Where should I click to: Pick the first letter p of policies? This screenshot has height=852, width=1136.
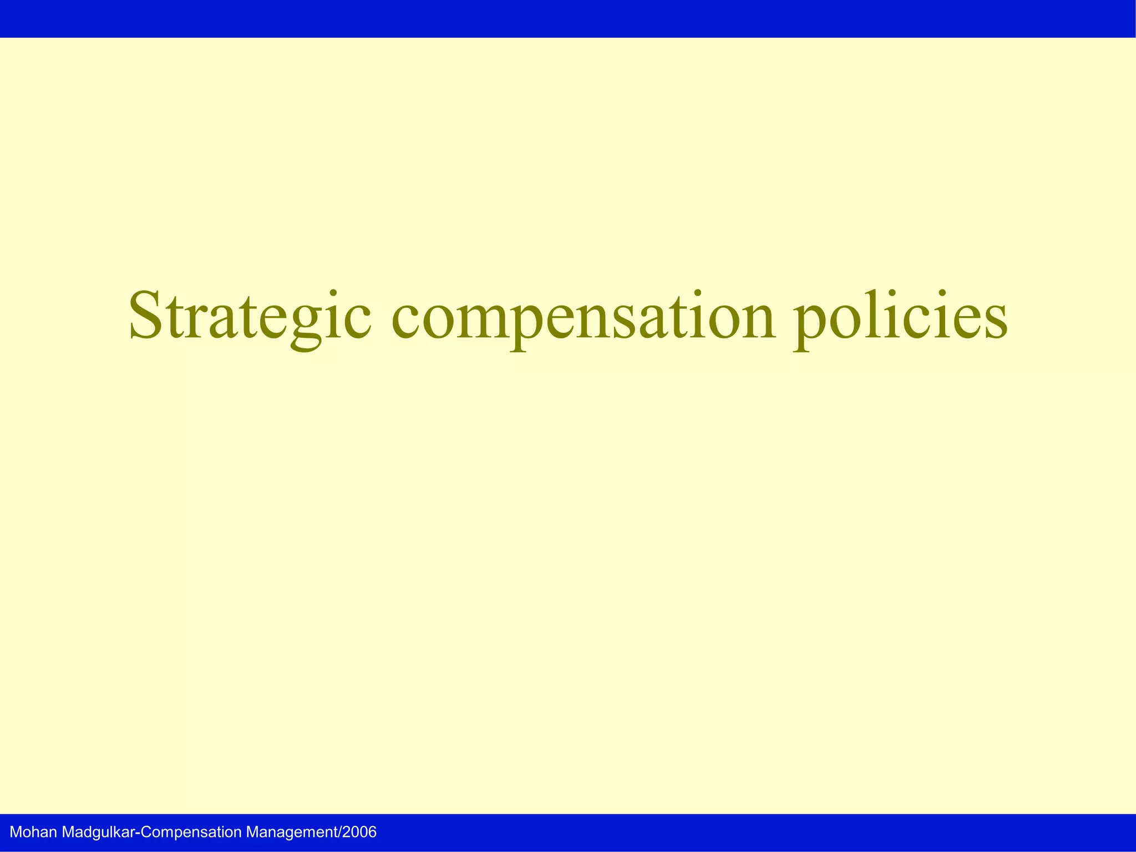811,327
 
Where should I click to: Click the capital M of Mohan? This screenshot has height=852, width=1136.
16,832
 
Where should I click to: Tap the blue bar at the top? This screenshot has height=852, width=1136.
568,18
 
